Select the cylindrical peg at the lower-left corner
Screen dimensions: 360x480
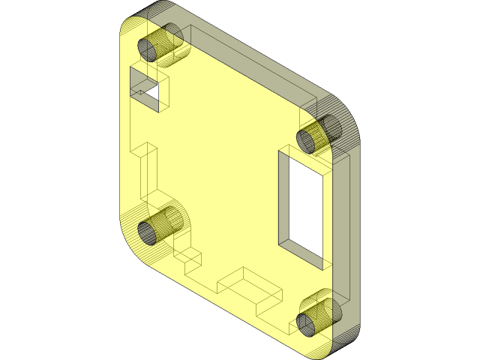(x=160, y=223)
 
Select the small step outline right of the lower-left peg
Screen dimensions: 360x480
(x=191, y=259)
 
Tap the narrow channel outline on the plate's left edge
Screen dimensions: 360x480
(x=146, y=169)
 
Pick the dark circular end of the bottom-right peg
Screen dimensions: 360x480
(x=307, y=323)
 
